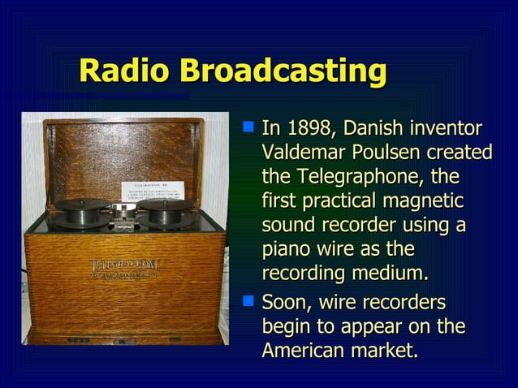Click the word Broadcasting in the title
pos(283,71)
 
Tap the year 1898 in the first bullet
pos(312,128)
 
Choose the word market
pos(386,351)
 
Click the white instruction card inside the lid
pos(155,191)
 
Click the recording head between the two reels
pos(124,213)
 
